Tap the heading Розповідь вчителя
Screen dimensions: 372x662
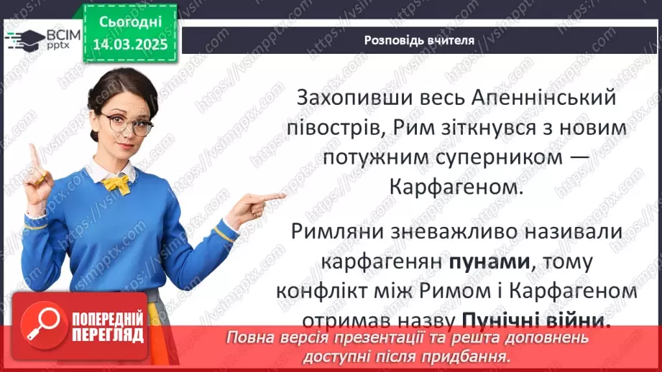(x=419, y=40)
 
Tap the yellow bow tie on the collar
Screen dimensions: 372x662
(x=116, y=183)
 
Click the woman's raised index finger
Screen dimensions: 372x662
(x=33, y=155)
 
